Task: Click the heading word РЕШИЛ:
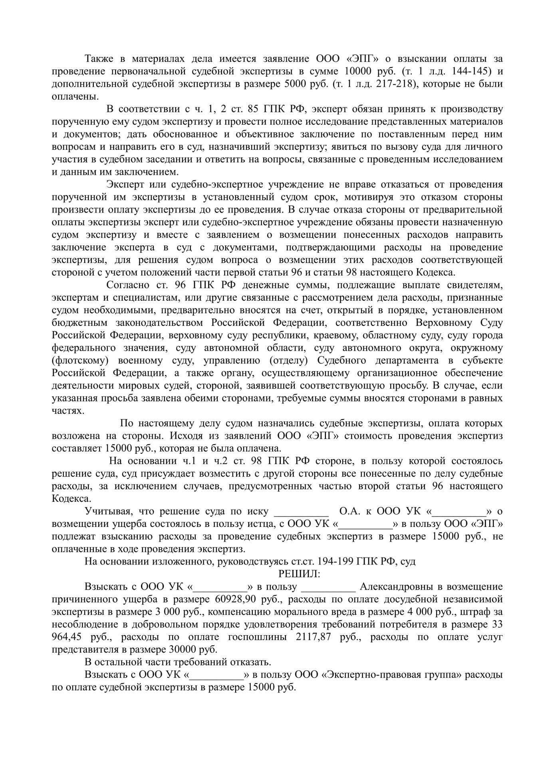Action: coord(299,574)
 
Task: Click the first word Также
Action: coord(97,59)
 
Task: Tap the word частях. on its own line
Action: coord(68,411)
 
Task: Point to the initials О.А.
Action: coord(350,512)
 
